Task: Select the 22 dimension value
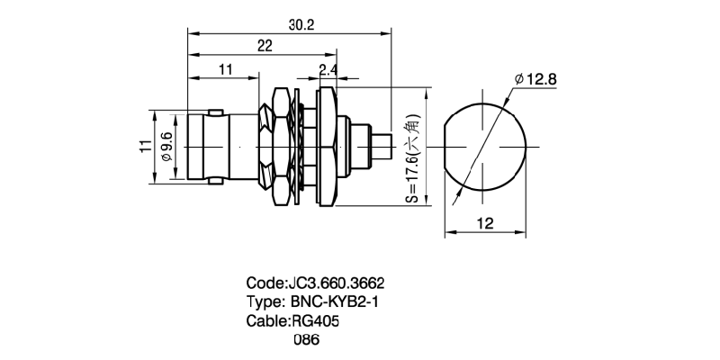[265, 47]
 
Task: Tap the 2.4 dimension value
[328, 68]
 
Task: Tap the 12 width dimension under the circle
[485, 225]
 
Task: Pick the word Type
[265, 301]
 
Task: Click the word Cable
[266, 320]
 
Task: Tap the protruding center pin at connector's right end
[382, 147]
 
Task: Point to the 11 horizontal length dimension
[225, 68]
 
